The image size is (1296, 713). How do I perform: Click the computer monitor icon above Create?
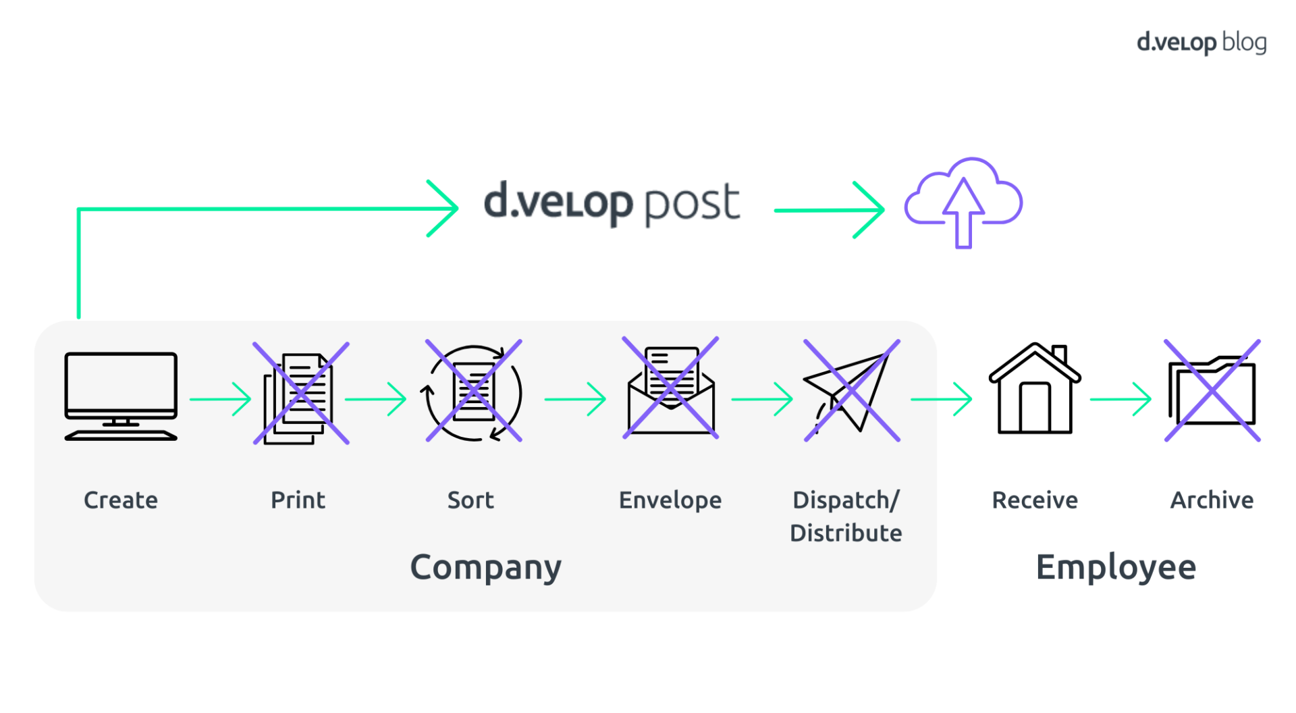pyautogui.click(x=121, y=395)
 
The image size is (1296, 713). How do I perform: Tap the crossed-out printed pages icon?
pyautogui.click(x=301, y=394)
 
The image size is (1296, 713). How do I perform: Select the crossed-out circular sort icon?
pyautogui.click(x=474, y=392)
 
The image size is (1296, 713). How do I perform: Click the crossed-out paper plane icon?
pyautogui.click(x=852, y=391)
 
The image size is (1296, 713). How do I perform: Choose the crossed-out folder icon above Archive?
pyautogui.click(x=1212, y=391)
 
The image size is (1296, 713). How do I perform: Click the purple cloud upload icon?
pyautogui.click(x=964, y=201)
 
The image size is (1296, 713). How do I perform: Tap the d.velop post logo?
pyautogui.click(x=612, y=203)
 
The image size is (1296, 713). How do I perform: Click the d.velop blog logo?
pyautogui.click(x=1201, y=43)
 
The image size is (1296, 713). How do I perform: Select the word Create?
pyautogui.click(x=121, y=500)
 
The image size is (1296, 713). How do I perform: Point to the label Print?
pyautogui.click(x=298, y=500)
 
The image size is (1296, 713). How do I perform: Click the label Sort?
pyautogui.click(x=470, y=500)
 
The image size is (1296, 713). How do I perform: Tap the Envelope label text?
pyautogui.click(x=670, y=500)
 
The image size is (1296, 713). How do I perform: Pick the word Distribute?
pyautogui.click(x=846, y=533)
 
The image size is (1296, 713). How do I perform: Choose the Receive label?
pyautogui.click(x=1035, y=500)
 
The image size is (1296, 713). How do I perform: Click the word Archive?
pyautogui.click(x=1212, y=500)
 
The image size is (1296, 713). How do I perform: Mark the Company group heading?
pyautogui.click(x=486, y=568)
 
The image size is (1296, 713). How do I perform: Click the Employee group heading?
pyautogui.click(x=1116, y=568)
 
